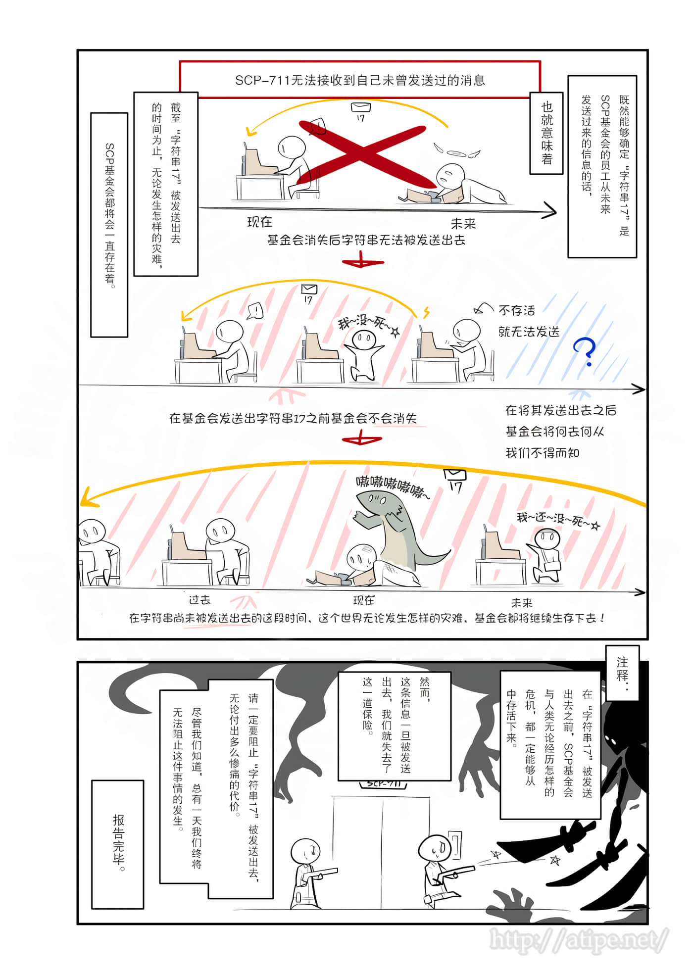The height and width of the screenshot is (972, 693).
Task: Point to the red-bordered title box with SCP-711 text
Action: click(x=360, y=80)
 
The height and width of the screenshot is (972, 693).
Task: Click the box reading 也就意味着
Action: click(x=546, y=133)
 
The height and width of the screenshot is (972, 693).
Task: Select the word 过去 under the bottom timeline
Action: click(x=200, y=600)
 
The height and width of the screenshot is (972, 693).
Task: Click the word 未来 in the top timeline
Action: click(x=463, y=224)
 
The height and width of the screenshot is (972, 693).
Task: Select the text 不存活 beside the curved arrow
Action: click(x=517, y=310)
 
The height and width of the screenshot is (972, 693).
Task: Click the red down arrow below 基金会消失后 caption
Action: click(x=362, y=260)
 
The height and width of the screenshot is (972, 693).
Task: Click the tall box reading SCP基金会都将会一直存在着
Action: click(x=109, y=225)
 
